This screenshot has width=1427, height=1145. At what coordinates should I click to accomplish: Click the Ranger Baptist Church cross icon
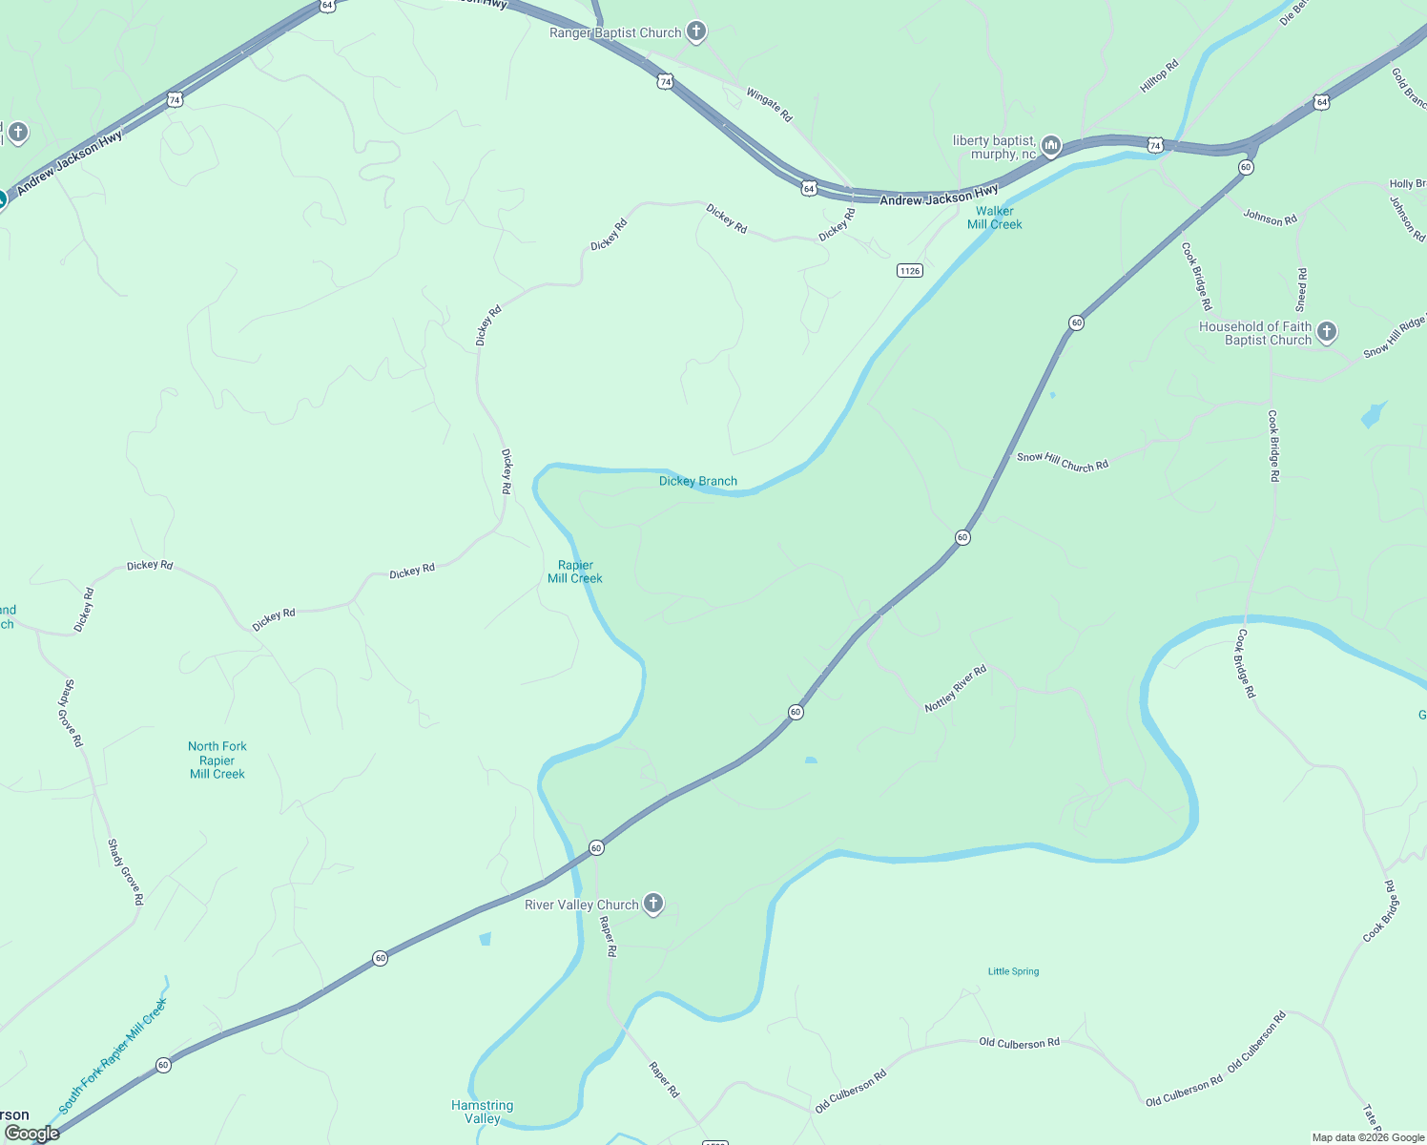pos(696,31)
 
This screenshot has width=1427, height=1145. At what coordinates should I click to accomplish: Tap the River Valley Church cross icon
pos(653,904)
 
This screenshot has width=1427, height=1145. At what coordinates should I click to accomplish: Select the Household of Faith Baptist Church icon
pos(1327,332)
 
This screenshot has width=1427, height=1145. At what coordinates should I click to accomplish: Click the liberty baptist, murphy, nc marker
pos(1051,146)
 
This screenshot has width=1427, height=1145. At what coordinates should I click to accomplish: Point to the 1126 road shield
pos(910,271)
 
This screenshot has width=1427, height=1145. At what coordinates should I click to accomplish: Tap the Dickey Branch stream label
pos(698,481)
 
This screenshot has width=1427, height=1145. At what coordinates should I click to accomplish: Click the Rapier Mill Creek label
pos(575,572)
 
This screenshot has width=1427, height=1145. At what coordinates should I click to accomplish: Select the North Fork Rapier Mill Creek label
pos(217,760)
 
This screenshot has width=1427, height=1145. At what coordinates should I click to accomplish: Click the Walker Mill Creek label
pos(995,218)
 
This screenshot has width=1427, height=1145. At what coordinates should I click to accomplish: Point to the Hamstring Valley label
pos(483,1112)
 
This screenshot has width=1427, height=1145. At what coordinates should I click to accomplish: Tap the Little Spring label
pos(1013,971)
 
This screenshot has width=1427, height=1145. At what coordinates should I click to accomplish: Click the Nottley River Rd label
pos(955,688)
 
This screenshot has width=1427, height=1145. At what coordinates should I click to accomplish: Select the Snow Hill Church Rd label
pos(1063,462)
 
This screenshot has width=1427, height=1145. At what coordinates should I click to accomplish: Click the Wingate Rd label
pos(769,105)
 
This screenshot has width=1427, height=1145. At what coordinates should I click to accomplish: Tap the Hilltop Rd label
pos(1159,76)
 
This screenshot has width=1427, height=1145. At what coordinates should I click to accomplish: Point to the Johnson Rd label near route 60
pos(1270,218)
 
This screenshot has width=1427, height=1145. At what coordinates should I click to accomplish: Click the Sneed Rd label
pos(1301,290)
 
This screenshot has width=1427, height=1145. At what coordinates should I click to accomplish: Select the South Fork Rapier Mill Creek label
pos(113,1056)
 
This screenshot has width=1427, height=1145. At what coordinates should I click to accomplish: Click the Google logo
pos(32,1134)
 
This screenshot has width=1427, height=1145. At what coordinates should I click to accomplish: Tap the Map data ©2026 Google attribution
pos(1368,1137)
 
